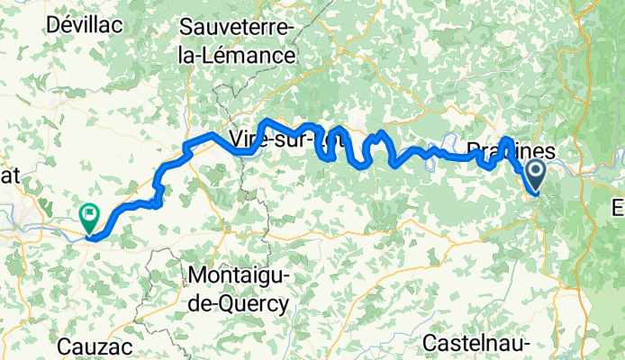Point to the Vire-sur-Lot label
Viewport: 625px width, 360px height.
(x=279, y=140)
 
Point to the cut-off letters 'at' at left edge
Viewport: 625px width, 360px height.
(x=12, y=177)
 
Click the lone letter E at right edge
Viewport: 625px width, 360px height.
(x=619, y=209)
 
